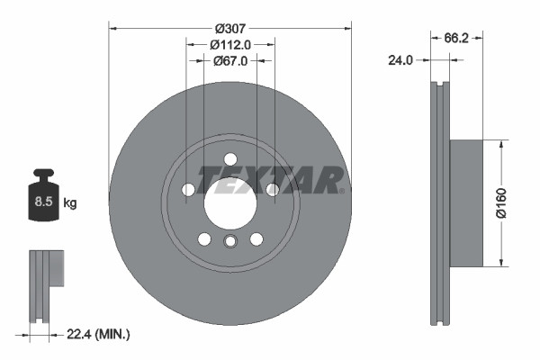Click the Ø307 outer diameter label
pos(229,25)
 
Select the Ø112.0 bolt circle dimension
pos(229,43)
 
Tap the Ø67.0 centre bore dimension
pos(229,60)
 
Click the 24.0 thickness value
pos(400,60)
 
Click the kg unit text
pos(70,203)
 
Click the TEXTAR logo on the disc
pos(270,179)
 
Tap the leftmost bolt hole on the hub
pos(187,190)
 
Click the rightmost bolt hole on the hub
pos(272,189)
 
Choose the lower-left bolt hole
pos(203,238)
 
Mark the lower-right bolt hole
pos(256,238)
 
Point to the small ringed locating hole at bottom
pos(229,241)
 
